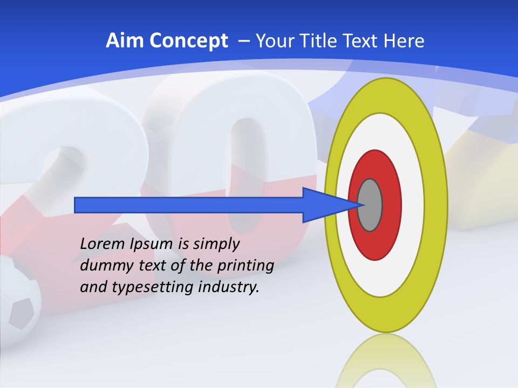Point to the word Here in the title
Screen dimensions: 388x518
[404, 40]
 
